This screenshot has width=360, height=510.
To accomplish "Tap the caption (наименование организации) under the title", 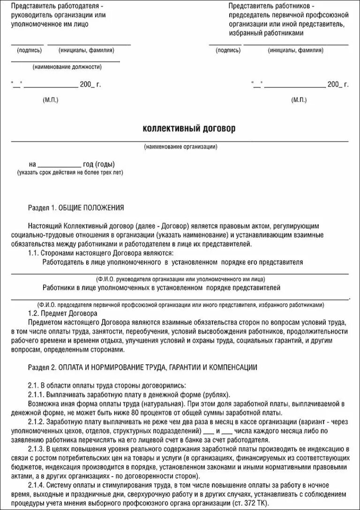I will (x=180, y=147).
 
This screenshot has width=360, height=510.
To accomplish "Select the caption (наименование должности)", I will (x=67, y=67).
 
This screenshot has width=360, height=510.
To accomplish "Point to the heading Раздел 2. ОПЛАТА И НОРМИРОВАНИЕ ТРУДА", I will (x=142, y=367).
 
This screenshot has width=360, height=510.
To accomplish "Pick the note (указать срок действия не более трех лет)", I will (x=70, y=172).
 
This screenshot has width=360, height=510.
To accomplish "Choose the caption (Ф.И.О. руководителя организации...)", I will (x=180, y=278).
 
